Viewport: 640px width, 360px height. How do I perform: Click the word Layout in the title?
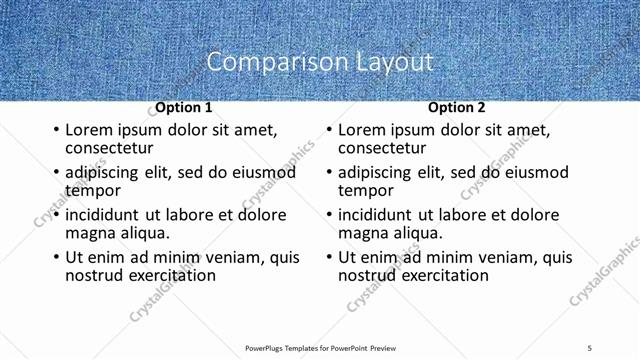(x=394, y=62)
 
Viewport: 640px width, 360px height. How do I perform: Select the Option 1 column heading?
(x=183, y=108)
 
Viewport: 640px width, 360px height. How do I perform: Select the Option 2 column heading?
(x=457, y=108)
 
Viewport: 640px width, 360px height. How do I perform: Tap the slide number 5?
(x=589, y=347)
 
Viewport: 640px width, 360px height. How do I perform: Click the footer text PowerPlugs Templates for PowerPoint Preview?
(x=320, y=347)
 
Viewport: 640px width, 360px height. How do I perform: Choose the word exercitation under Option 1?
(x=166, y=275)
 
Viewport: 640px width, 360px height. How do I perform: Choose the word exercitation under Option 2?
(x=439, y=275)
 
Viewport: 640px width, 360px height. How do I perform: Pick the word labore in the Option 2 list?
(x=466, y=215)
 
